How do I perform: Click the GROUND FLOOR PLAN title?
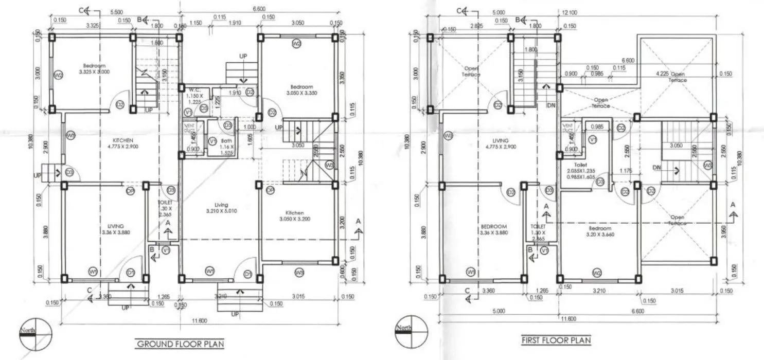tap(180, 344)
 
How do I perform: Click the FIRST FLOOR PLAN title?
tap(556, 340)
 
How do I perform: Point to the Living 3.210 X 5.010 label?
tap(221, 208)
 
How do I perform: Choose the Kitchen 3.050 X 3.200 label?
tap(295, 215)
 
